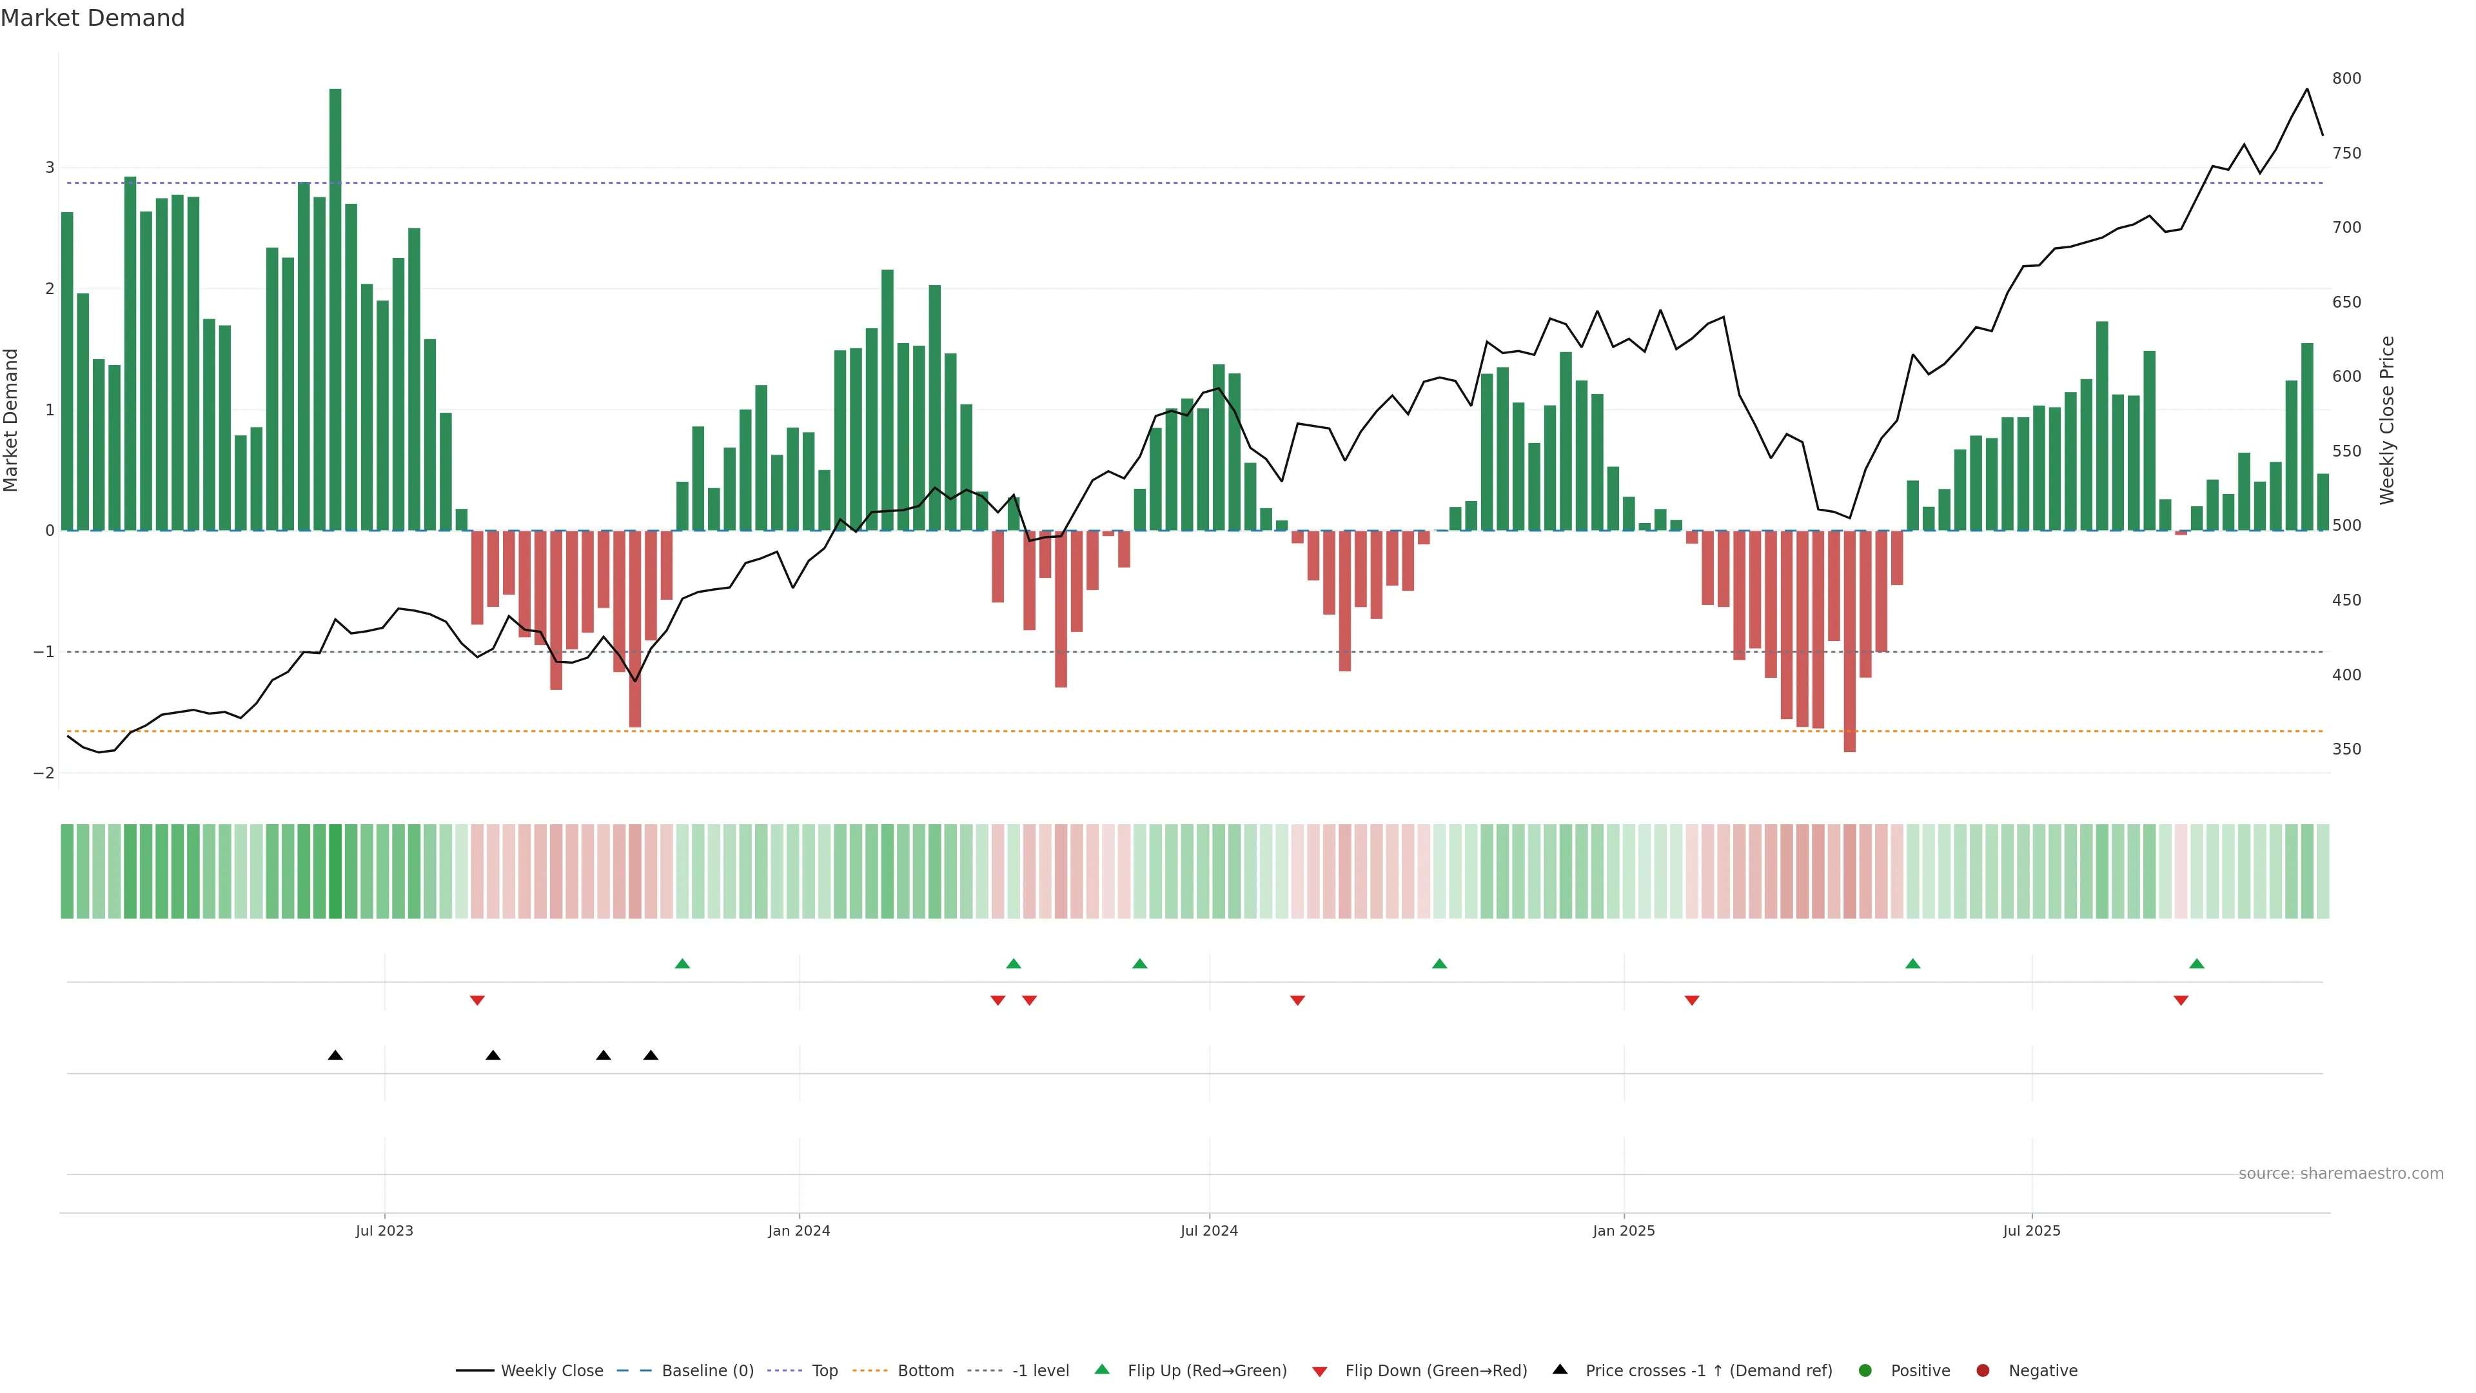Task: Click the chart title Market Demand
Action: (92, 18)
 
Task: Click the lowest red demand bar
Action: (1849, 640)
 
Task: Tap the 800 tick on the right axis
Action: (2346, 79)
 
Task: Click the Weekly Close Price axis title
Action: (2388, 420)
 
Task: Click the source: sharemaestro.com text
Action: (2341, 1174)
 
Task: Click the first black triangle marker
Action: (335, 1056)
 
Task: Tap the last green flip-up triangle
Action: (2196, 963)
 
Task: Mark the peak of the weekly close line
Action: (2307, 90)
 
